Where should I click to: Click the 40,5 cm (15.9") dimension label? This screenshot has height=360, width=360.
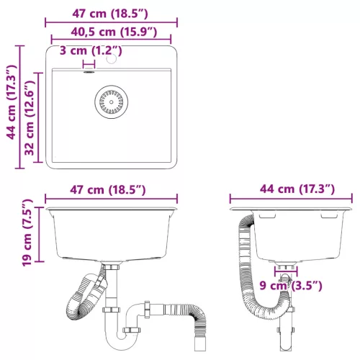point(110,32)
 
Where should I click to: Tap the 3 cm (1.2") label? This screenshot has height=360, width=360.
point(91,50)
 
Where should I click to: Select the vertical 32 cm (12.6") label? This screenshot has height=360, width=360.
point(30,118)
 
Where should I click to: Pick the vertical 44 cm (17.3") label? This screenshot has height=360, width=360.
point(10,106)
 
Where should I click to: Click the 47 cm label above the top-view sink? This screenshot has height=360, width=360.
point(110,13)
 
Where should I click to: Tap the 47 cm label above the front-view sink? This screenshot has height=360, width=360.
point(110,189)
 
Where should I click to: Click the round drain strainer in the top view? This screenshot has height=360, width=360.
point(109,102)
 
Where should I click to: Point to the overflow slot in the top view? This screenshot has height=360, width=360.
point(89,71)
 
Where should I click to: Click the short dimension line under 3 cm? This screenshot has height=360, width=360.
point(89,63)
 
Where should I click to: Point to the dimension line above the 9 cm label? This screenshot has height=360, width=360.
point(287,275)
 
